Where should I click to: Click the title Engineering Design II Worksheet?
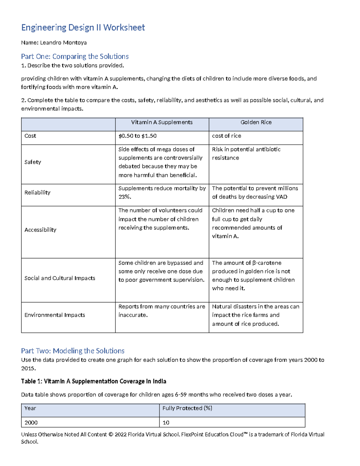tap(83, 28)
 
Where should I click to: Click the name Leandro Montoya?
tap(63, 43)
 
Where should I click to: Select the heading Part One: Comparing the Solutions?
tap(75, 56)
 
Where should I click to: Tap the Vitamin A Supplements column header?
tap(162, 122)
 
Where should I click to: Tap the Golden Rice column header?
tap(256, 122)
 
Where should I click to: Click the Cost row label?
tap(30, 136)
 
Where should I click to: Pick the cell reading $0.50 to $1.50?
tap(137, 136)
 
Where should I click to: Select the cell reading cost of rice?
tap(226, 136)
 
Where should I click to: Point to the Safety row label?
tap(33, 162)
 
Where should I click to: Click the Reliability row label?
tap(37, 193)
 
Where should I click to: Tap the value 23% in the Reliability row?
tap(124, 197)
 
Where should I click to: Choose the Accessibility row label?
tap(40, 230)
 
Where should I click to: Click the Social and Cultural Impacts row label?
tap(60, 278)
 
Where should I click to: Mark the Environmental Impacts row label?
tap(55, 315)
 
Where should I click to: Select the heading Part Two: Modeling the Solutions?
tap(73, 351)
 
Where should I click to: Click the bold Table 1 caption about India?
tap(93, 381)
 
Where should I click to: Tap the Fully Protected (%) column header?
tap(187, 408)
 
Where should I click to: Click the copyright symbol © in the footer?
tap(111, 434)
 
